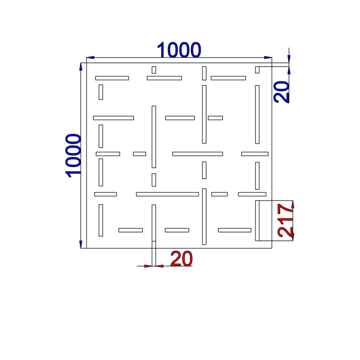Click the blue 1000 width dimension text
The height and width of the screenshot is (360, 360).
tap(179, 50)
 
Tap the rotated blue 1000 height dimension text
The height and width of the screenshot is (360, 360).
tap(73, 156)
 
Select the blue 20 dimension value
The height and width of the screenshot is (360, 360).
tap(282, 92)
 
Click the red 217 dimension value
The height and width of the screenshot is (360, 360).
tap(286, 220)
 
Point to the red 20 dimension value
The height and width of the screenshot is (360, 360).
tap(181, 259)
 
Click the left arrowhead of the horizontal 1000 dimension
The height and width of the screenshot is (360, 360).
tap(90, 58)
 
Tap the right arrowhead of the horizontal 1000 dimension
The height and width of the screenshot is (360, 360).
tap(268, 58)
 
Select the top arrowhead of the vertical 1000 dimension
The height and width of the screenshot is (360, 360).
tap(81, 67)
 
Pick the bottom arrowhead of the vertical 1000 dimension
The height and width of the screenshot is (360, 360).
tap(81, 244)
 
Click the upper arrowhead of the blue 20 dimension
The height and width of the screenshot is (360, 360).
tap(289, 59)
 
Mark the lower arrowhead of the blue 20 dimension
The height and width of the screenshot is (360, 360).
tap(289, 70)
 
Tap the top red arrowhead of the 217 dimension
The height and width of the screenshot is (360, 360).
tap(293, 204)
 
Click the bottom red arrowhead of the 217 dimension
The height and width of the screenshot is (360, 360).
tap(293, 237)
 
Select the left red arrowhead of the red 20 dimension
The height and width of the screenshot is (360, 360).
tap(148, 266)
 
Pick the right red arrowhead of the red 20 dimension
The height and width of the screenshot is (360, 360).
tap(160, 266)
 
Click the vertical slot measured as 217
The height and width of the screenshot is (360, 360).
tap(257, 220)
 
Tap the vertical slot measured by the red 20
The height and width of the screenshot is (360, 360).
tap(154, 223)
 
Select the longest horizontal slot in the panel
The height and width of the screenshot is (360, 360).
tap(167, 194)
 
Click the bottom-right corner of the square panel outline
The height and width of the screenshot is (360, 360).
tap(272, 248)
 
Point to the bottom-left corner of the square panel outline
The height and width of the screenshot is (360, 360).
tap(86, 248)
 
